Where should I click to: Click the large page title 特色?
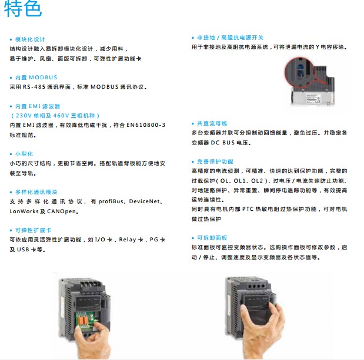[x=23, y=8]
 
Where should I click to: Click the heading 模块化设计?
[x=30, y=39]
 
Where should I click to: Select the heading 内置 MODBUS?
[x=36, y=78]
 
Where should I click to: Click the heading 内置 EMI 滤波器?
[x=38, y=106]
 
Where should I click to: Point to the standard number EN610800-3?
[x=146, y=125]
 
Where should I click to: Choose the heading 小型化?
[x=24, y=154]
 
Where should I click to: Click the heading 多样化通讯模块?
[x=36, y=192]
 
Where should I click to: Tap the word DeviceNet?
[x=145, y=201]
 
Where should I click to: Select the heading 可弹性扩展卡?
[x=33, y=230]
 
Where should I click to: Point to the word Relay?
[x=128, y=240]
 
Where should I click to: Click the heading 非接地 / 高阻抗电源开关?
[x=230, y=38]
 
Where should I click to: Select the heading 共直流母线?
[x=212, y=123]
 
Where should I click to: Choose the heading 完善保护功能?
[x=215, y=162]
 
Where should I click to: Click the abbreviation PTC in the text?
[x=248, y=209]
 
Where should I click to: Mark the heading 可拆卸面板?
[x=212, y=238]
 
